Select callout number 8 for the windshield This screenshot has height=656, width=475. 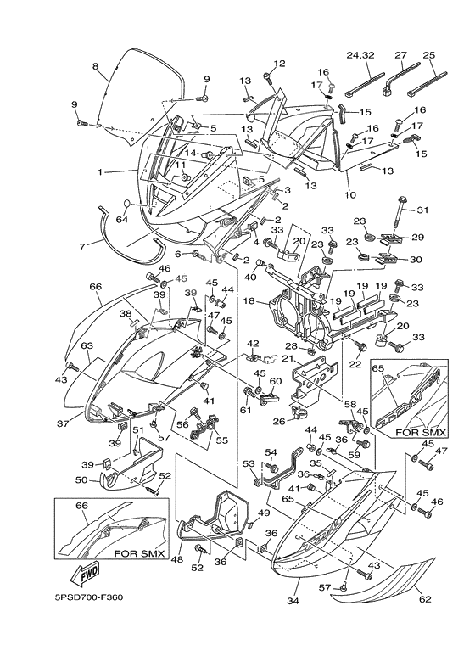pyautogui.click(x=95, y=66)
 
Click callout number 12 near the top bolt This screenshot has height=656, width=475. pyautogui.click(x=279, y=64)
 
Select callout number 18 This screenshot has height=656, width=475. pyautogui.click(x=250, y=300)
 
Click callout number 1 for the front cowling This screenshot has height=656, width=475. pyautogui.click(x=99, y=172)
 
